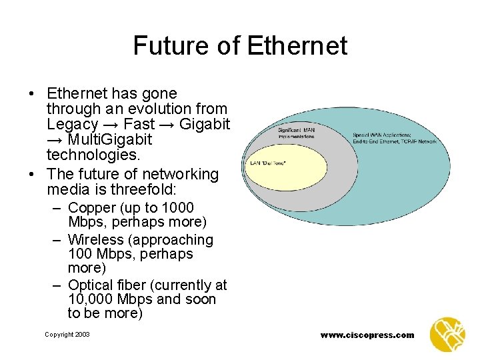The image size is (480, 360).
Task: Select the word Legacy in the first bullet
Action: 71,124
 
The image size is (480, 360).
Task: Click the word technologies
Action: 93,155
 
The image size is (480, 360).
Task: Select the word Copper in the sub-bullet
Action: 93,207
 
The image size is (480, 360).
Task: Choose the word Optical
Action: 93,285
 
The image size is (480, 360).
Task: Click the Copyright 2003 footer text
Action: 67,334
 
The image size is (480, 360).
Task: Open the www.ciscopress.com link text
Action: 367,335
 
